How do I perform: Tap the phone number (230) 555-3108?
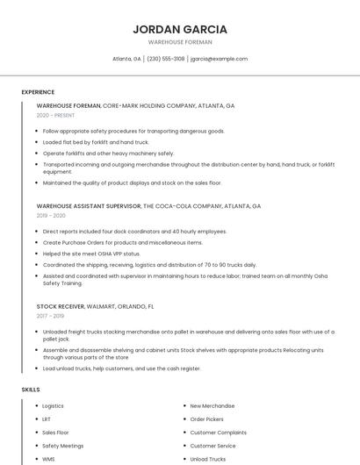click(166, 59)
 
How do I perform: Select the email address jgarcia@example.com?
click(219, 59)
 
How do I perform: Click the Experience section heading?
click(38, 92)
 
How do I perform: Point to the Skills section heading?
click(31, 389)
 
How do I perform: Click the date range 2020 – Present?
click(55, 115)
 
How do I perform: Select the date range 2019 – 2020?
click(51, 215)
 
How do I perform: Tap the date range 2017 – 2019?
click(50, 316)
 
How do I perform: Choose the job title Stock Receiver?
click(61, 306)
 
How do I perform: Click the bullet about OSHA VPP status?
click(91, 254)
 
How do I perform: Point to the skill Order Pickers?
click(207, 419)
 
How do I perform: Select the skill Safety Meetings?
click(63, 446)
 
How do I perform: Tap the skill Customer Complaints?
click(219, 433)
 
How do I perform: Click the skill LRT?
click(47, 419)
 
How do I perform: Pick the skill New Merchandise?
click(212, 406)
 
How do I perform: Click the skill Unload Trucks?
click(208, 459)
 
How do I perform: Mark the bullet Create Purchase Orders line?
click(122, 242)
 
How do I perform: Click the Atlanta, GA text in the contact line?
click(126, 59)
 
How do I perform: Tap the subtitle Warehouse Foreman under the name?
click(179, 41)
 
